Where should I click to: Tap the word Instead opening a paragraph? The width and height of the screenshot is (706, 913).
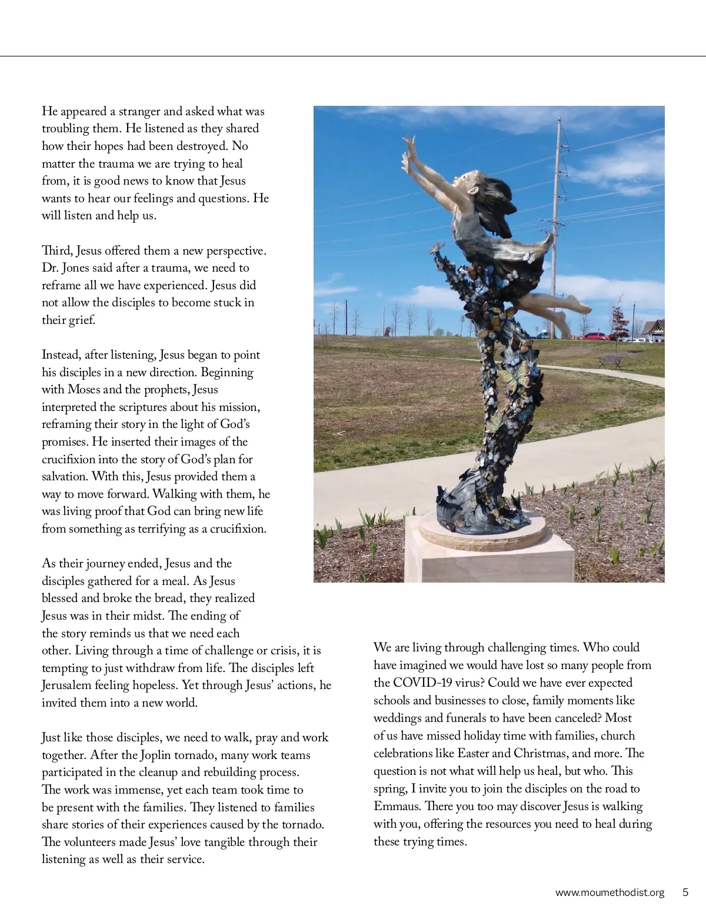tap(61, 355)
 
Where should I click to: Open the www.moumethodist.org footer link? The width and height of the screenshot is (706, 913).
tap(610, 892)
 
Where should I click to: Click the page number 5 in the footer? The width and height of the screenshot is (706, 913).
tap(685, 892)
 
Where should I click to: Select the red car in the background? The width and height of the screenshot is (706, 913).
tap(595, 336)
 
